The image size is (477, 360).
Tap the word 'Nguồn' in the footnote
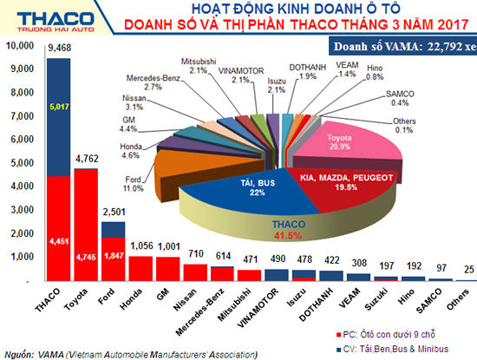click(x=22, y=353)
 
